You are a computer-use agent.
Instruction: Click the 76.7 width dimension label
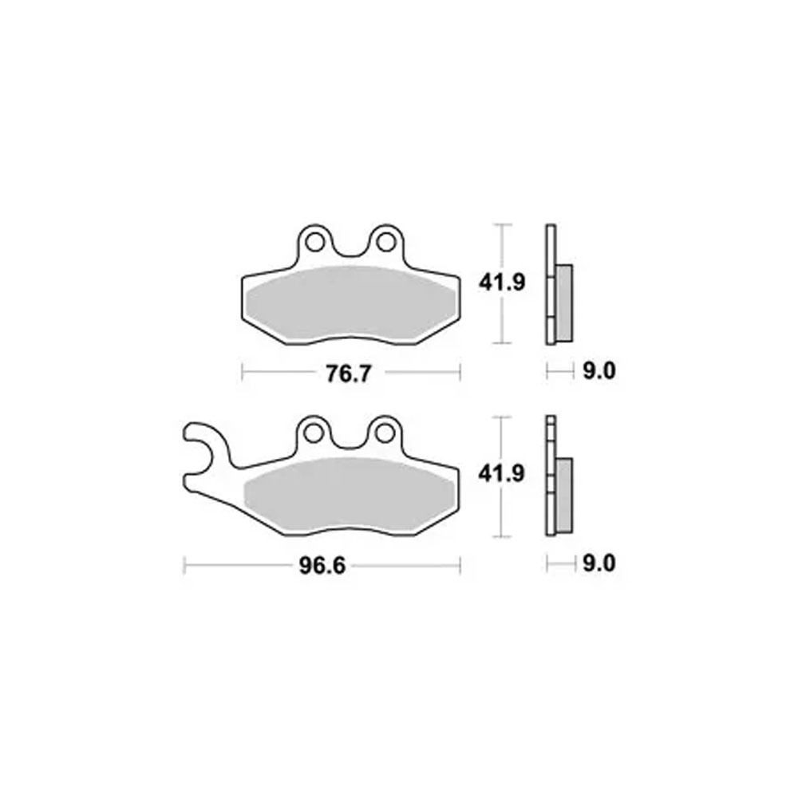click(349, 374)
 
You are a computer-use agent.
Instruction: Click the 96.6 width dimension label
click(322, 566)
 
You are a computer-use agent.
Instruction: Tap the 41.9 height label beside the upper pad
click(501, 282)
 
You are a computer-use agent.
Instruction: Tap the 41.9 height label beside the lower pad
click(501, 474)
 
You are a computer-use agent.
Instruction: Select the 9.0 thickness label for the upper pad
click(599, 371)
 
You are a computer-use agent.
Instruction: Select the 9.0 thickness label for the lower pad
click(599, 564)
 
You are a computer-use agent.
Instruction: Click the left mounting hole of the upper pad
click(314, 243)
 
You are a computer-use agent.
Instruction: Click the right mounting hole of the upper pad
click(385, 243)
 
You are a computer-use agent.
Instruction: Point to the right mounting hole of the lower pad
click(385, 433)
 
